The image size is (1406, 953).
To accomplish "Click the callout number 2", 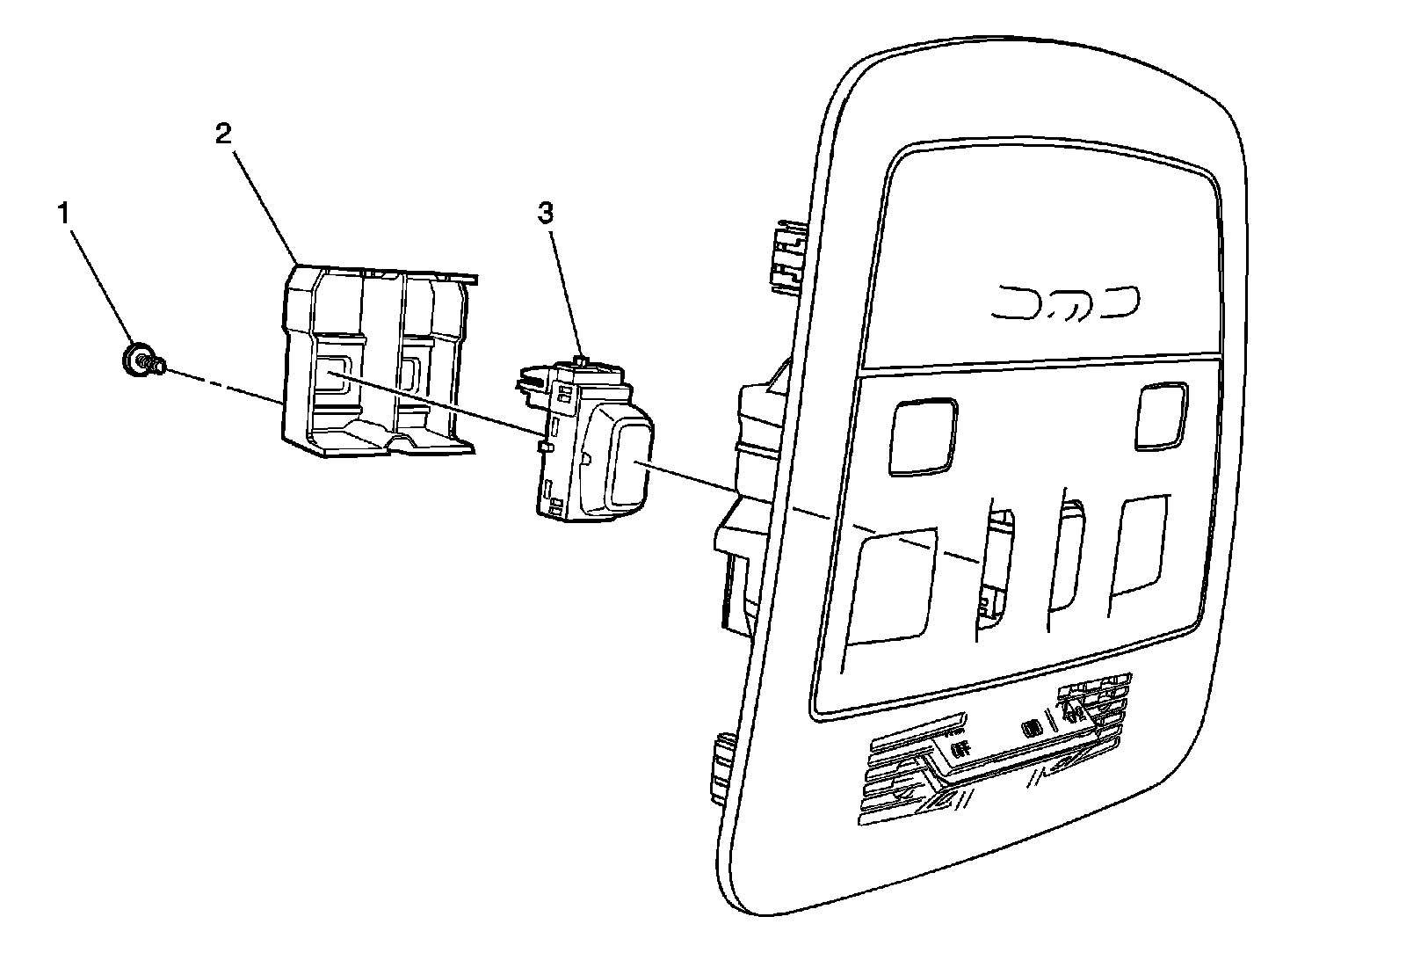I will pos(223,134).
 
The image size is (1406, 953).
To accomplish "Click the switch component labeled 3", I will pos(580,440).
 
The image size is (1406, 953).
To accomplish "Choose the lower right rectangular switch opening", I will pos(1141,548).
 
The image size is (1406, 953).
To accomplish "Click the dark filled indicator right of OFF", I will pos(1032,728).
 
